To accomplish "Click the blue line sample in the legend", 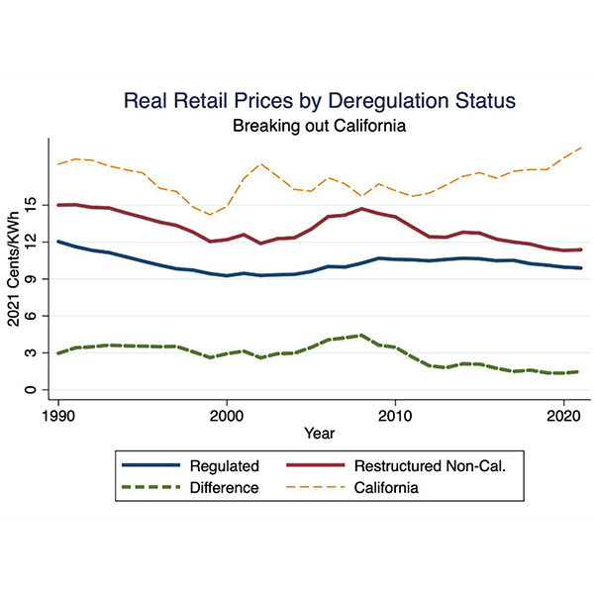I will pos(149,465).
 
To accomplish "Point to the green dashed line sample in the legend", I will pos(149,487).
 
